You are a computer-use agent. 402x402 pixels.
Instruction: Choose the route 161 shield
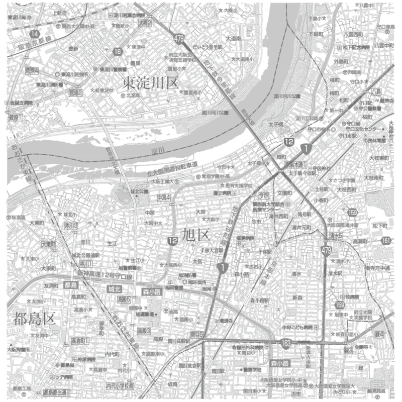(x=385, y=242)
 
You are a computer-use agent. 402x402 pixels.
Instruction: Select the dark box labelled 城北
(x=115, y=289)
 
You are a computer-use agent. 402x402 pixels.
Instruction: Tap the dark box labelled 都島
(x=71, y=285)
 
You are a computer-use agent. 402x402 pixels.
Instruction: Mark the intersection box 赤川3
(x=71, y=226)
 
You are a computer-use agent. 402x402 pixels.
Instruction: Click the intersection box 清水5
(x=336, y=235)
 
